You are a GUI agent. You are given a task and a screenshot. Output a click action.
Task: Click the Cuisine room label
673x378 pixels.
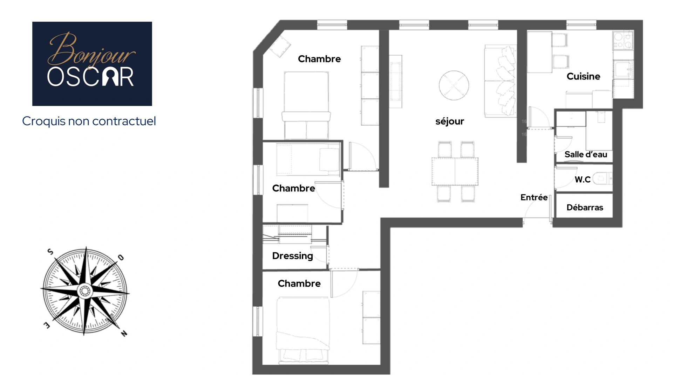click(583, 76)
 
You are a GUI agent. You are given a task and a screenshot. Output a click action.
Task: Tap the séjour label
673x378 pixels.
click(449, 121)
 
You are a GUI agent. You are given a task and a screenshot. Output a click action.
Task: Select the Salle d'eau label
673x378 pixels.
click(586, 154)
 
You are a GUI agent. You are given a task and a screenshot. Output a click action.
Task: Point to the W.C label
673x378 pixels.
click(583, 180)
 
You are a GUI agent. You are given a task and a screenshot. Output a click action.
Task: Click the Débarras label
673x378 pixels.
click(585, 208)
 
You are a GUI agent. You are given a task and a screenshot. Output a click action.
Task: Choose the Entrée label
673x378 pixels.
click(534, 197)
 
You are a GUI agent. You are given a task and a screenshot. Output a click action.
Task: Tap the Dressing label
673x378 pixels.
click(292, 256)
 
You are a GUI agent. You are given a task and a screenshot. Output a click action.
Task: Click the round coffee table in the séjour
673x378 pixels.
click(454, 85)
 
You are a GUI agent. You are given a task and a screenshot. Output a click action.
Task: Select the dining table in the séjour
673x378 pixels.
click(455, 171)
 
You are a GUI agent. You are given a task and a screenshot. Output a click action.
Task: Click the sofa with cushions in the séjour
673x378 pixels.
click(500, 80)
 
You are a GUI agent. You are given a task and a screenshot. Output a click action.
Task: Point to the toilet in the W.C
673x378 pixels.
click(602, 179)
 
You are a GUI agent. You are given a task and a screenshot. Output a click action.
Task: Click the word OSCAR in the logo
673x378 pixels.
click(90, 77)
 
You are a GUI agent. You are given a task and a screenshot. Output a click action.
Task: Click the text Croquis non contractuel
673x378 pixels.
click(89, 121)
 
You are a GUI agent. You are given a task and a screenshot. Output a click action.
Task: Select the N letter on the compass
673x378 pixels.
click(124, 334)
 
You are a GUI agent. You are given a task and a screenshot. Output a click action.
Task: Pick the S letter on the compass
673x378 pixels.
click(50, 251)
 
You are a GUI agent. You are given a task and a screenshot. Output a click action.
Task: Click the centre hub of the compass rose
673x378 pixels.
click(84, 290)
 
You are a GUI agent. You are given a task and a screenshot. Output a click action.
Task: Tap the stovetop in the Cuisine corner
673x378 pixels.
click(623, 40)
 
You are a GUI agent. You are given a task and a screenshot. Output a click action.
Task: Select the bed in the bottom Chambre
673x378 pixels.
click(303, 329)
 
